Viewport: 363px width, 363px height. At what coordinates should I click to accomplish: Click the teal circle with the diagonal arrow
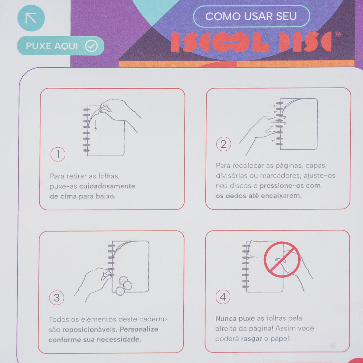click(x=31, y=18)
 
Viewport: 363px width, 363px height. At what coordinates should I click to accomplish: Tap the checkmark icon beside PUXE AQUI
click(x=91, y=46)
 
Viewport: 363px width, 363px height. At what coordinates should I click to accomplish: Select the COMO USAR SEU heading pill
click(x=251, y=16)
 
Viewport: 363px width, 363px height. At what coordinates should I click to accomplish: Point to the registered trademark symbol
click(x=338, y=34)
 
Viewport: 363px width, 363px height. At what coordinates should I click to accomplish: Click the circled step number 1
click(x=58, y=155)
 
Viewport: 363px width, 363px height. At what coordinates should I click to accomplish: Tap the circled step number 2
click(x=224, y=144)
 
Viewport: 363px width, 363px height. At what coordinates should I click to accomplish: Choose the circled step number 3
click(x=57, y=298)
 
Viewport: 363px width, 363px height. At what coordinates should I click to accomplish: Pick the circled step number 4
click(x=223, y=297)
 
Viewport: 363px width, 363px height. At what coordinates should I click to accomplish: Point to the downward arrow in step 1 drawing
click(x=96, y=126)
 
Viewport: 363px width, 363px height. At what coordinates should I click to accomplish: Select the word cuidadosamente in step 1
click(x=107, y=186)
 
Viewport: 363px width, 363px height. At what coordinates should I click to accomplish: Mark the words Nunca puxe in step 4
click(x=235, y=319)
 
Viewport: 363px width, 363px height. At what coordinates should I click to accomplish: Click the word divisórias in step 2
click(x=231, y=176)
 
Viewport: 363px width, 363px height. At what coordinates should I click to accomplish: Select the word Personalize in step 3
click(x=139, y=329)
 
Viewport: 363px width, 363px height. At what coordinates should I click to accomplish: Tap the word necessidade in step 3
click(x=119, y=340)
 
